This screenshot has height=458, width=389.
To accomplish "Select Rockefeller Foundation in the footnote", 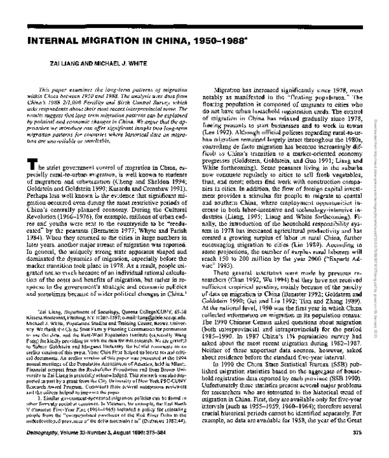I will click(123, 372).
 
